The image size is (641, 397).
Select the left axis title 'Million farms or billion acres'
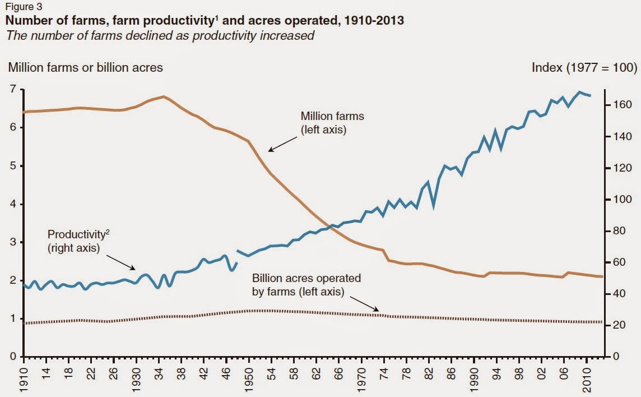(85, 67)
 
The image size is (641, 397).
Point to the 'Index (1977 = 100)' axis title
(584, 67)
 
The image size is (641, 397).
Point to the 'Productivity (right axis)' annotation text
(74, 241)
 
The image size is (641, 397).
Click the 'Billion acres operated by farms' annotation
(306, 284)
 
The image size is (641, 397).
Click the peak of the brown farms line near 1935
(162, 96)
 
